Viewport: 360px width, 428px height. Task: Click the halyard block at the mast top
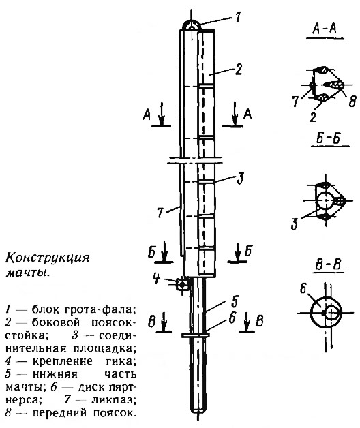(x=192, y=24)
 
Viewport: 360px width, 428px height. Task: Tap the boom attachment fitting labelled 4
(x=182, y=285)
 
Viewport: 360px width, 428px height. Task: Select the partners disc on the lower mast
(x=196, y=335)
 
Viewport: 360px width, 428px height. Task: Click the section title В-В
(x=328, y=264)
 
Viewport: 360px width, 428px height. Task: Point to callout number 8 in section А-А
(x=352, y=102)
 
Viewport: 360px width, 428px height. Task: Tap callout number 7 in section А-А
(x=295, y=102)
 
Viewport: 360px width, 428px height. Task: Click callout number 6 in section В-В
(x=303, y=288)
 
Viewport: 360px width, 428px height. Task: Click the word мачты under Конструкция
(x=28, y=273)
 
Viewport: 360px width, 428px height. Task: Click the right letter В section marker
(x=260, y=321)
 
